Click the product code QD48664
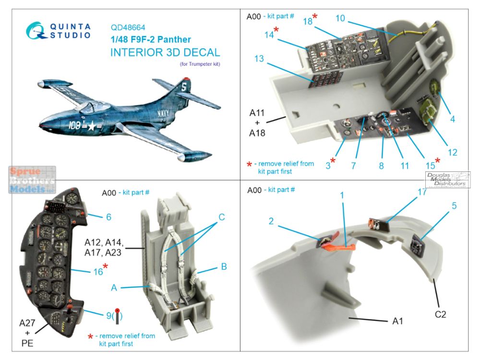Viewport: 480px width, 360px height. (128, 28)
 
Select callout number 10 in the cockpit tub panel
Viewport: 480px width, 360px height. (340, 18)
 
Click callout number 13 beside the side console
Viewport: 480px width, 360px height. (259, 59)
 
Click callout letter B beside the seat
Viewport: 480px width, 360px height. (224, 266)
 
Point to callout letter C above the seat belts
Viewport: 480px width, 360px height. (221, 217)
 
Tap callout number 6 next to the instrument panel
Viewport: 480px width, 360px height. (108, 217)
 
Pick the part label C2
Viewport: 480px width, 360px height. (441, 315)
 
